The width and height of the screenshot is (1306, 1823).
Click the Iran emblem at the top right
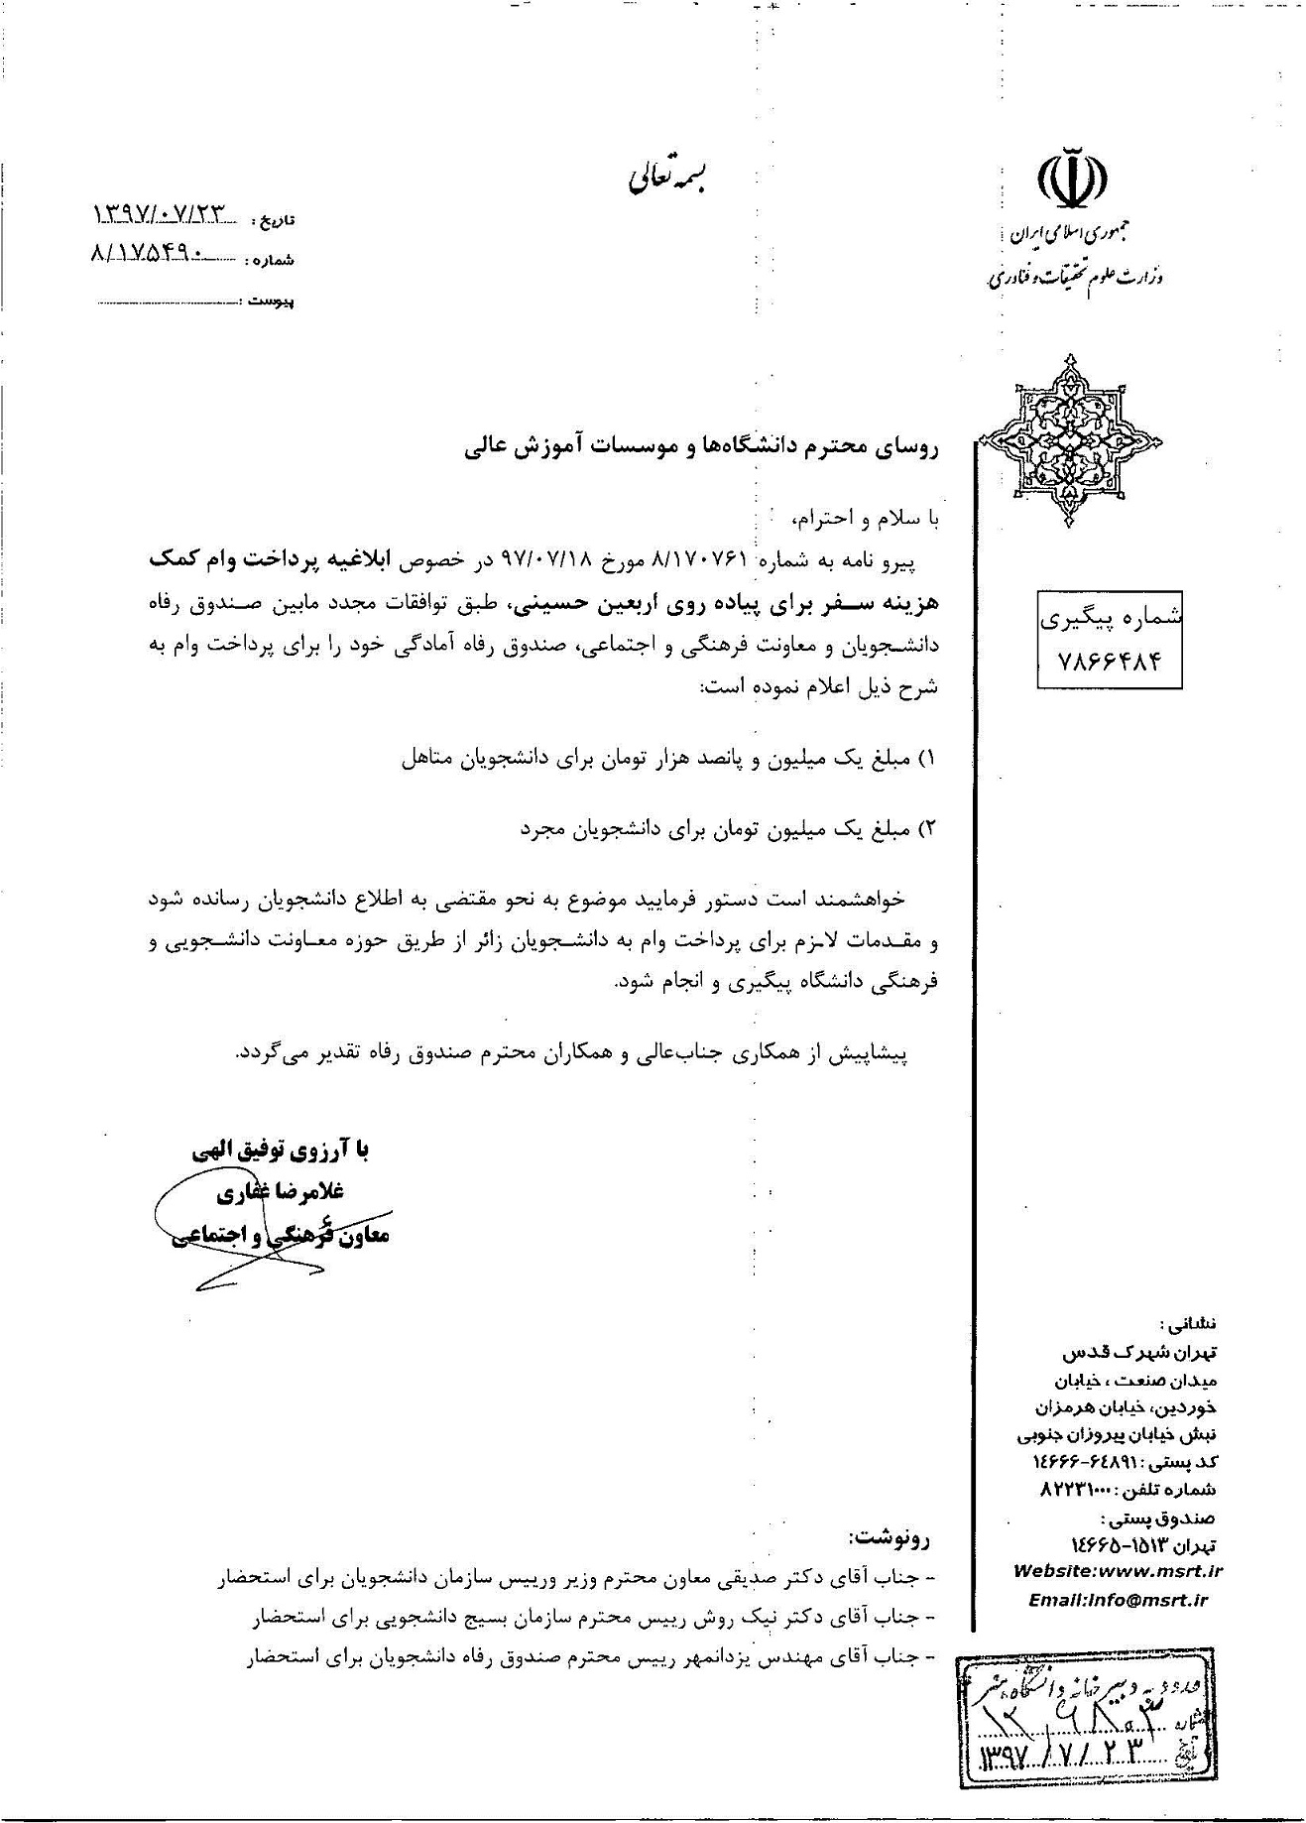pos(1072,179)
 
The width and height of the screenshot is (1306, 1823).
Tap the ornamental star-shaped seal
pos(1070,440)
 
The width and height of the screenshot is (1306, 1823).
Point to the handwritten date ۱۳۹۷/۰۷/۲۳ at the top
pos(160,212)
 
